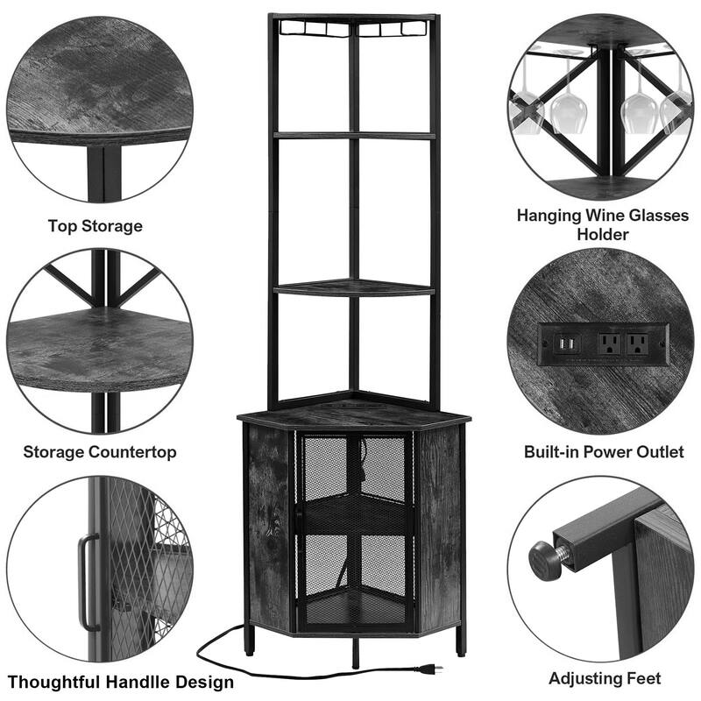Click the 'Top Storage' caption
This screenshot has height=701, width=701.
(x=96, y=226)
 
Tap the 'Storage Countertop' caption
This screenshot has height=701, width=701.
(x=100, y=452)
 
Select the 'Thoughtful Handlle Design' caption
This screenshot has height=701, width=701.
(x=121, y=683)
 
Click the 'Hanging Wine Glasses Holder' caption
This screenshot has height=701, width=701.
(x=603, y=224)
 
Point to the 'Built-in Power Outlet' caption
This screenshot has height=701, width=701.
(x=604, y=451)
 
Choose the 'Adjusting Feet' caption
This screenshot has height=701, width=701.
(x=605, y=678)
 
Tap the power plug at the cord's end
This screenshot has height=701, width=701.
(x=429, y=669)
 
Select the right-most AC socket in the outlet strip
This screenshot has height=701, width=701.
(x=638, y=343)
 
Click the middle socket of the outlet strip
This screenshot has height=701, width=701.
(x=609, y=343)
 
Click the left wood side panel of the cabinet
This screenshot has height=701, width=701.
(x=268, y=527)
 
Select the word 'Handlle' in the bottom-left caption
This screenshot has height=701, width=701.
(x=138, y=683)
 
